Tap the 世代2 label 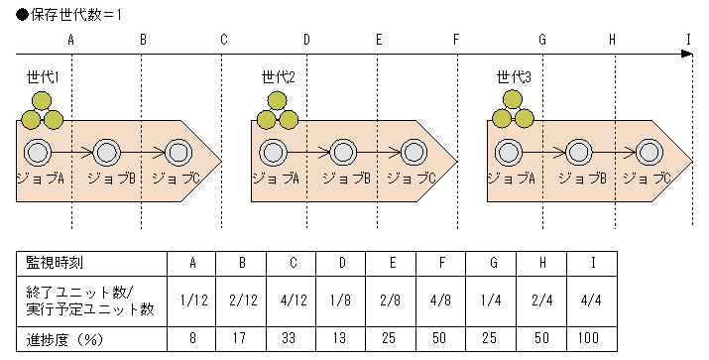click(x=279, y=77)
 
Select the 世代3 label click(x=514, y=77)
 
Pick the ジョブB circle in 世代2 click(x=343, y=153)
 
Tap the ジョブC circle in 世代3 click(x=650, y=153)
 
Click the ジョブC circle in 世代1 click(x=178, y=153)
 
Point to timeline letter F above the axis click(x=456, y=40)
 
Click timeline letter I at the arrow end click(x=688, y=40)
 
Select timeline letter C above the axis click(x=224, y=40)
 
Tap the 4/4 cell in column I click(x=592, y=301)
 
